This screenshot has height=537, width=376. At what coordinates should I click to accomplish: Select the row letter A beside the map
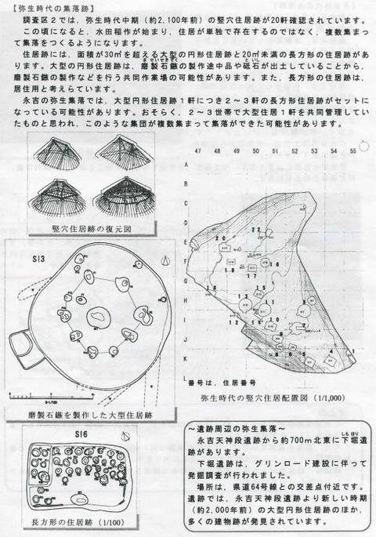(185, 165)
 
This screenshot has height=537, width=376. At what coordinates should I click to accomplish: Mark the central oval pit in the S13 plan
(99, 317)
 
